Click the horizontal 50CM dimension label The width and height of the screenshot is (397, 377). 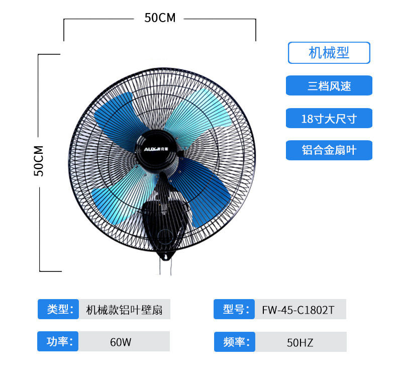point(160,18)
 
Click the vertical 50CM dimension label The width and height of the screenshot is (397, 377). point(39,161)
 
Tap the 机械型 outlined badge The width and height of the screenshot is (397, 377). point(329,53)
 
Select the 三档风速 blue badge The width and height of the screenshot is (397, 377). point(329,86)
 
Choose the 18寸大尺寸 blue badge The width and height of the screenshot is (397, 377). point(329,119)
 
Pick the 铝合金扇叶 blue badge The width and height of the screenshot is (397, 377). point(329,150)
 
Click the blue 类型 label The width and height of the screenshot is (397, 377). point(58,309)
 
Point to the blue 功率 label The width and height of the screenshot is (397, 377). point(58,342)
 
